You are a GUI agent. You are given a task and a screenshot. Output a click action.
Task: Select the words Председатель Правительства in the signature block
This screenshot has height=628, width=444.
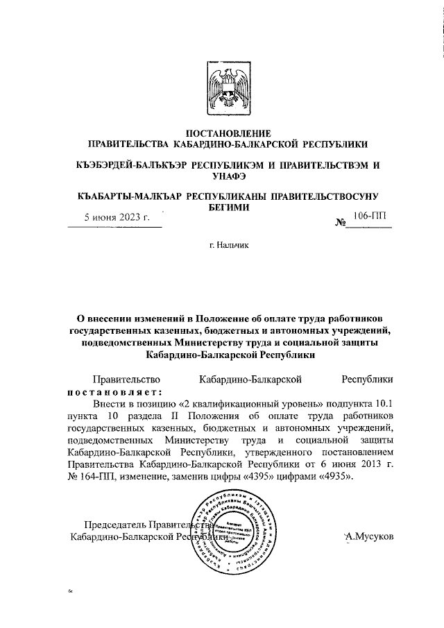tap(139, 525)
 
